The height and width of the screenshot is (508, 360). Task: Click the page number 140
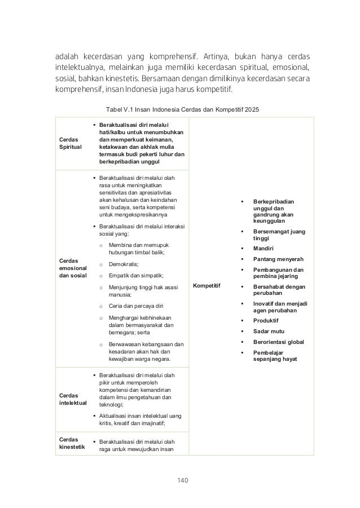pyautogui.click(x=181, y=480)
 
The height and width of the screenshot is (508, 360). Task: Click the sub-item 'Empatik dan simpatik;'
pyautogui.click(x=135, y=275)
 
